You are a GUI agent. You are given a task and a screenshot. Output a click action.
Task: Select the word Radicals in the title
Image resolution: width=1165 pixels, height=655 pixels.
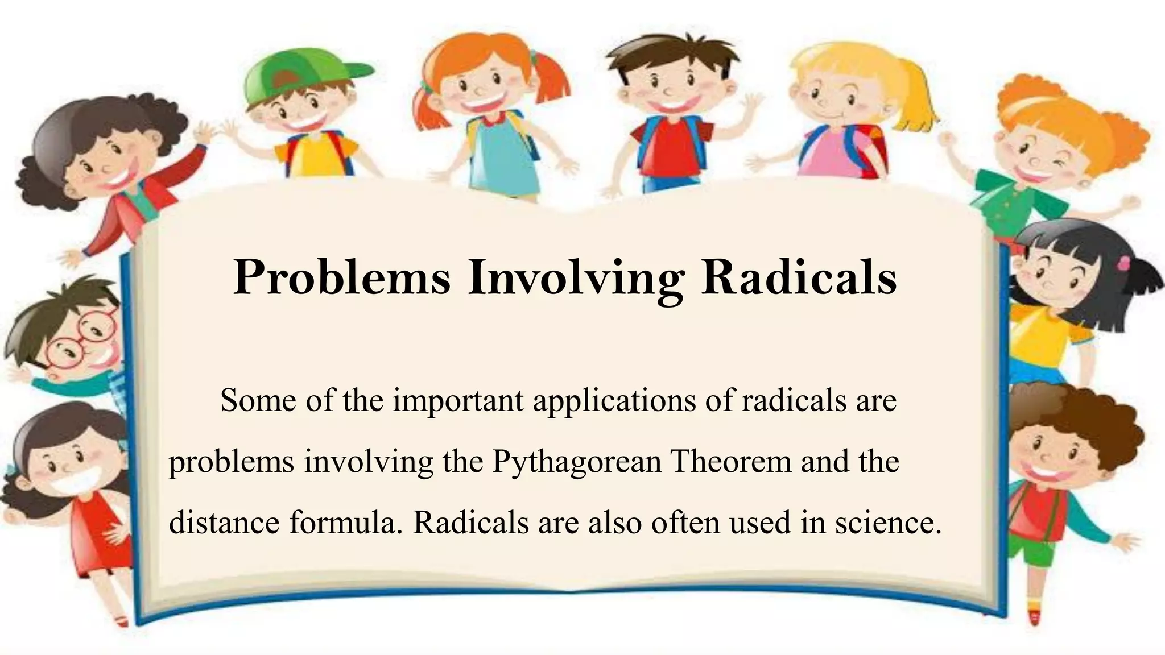point(799,277)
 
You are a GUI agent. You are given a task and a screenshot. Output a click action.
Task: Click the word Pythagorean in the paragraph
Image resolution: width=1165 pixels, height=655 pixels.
point(577,462)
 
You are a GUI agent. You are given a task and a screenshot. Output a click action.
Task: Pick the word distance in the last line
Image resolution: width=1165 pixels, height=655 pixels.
point(224,522)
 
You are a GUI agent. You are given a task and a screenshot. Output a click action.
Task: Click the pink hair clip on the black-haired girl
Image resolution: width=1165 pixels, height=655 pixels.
point(1124,263)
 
